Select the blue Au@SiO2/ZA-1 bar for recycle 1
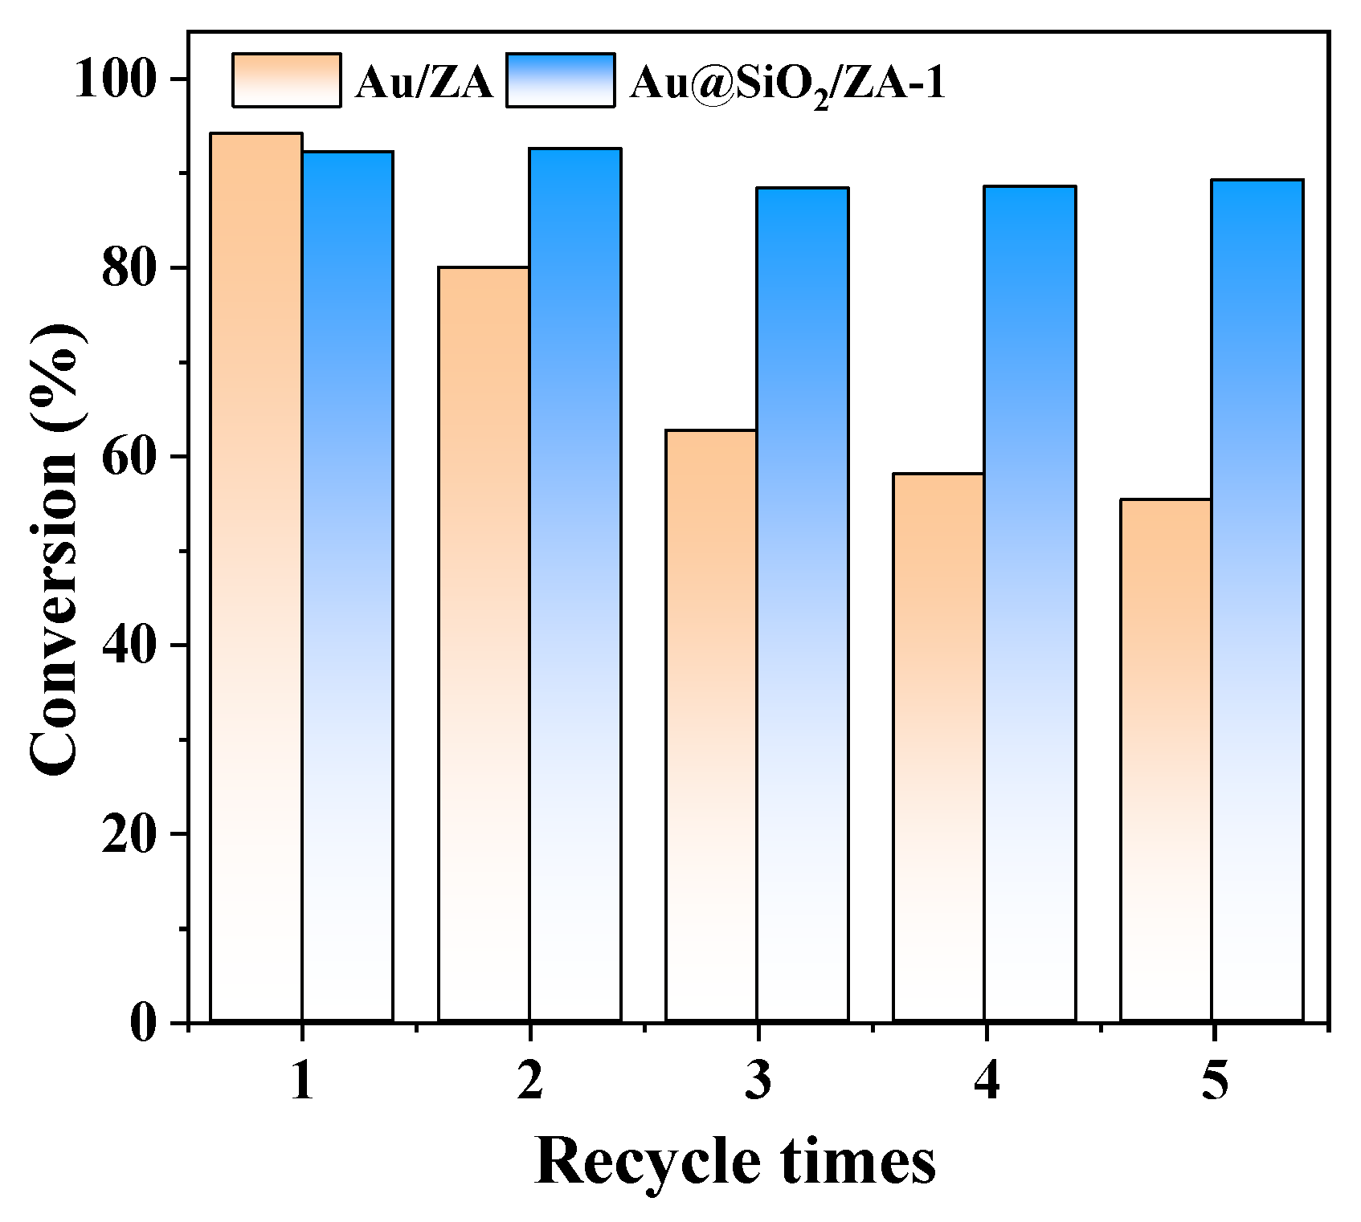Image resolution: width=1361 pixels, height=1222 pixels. point(347,586)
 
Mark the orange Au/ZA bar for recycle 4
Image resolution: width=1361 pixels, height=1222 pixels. point(938,747)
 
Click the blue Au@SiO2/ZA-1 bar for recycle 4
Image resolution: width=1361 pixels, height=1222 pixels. point(1030,603)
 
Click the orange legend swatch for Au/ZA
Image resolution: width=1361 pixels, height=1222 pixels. point(287,79)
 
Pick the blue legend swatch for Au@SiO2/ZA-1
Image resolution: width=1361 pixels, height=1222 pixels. point(561,79)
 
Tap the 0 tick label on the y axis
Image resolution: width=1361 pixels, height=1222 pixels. point(145,1024)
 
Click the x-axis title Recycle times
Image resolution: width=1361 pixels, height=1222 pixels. point(735,1160)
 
